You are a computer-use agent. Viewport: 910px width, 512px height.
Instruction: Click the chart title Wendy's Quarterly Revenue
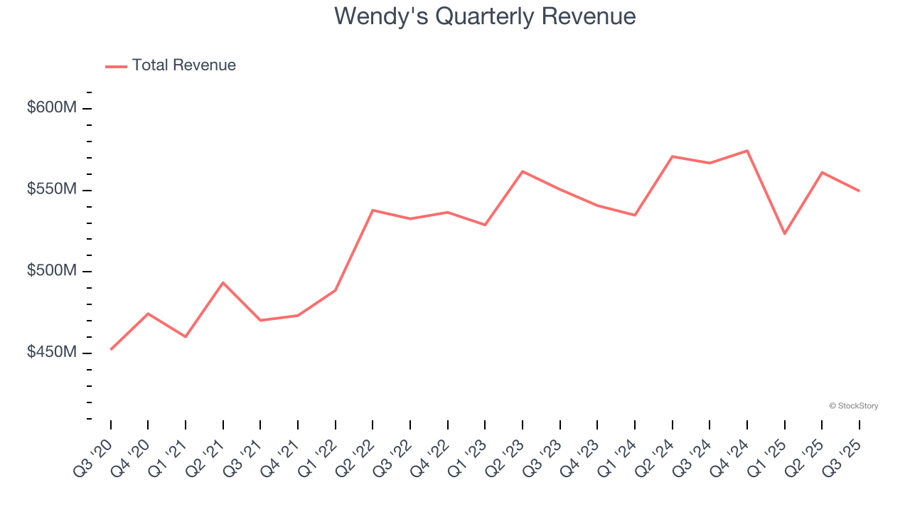485,16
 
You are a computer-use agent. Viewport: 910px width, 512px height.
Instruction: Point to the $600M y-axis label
51,108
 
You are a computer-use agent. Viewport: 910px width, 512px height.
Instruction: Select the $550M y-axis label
51,190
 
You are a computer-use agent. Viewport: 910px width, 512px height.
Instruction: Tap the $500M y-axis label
51,272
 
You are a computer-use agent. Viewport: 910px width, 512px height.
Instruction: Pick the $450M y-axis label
51,353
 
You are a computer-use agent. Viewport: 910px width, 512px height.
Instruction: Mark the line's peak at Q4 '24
747,151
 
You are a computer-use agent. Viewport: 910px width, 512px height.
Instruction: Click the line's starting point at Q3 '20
111,349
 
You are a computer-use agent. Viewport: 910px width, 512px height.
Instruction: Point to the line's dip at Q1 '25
784,233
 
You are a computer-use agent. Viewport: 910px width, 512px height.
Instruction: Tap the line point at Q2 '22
373,210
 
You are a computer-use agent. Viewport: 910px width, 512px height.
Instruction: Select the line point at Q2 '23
523,171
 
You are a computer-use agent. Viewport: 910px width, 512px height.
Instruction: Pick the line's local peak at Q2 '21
223,283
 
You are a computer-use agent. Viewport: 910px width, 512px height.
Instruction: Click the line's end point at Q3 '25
859,191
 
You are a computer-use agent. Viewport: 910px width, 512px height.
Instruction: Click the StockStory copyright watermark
853,406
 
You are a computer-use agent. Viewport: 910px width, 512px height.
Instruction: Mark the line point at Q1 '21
186,336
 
